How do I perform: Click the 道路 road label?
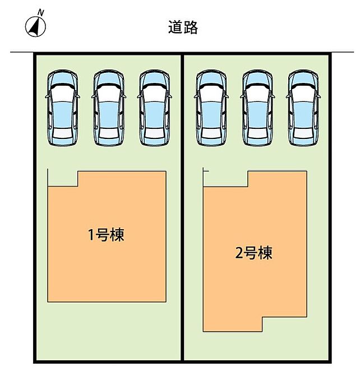point(183,27)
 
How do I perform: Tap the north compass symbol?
point(35,27)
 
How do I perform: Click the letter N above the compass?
point(41,13)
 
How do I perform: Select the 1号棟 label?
point(107,235)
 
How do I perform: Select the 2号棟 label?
point(253,253)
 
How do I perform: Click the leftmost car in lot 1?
point(63,108)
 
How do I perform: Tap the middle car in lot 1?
point(109,108)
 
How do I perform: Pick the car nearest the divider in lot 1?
point(155,108)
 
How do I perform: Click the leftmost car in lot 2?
point(211,108)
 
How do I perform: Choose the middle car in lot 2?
point(257,108)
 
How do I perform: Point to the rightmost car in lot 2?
point(303,108)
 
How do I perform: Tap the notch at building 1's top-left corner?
point(63,179)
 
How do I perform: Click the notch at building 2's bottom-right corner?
point(284,324)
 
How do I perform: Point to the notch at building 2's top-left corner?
point(226,179)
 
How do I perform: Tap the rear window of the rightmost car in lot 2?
point(303,133)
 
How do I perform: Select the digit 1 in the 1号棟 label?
point(91,235)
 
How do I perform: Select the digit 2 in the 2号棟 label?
point(239,253)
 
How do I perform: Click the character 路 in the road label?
point(191,27)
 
